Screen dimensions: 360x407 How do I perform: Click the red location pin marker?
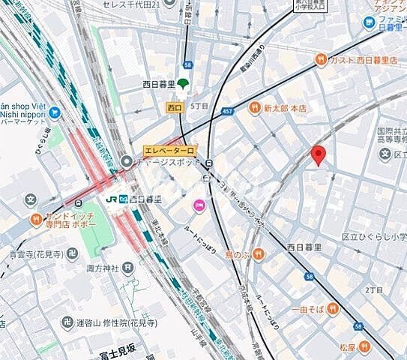pyautogui.click(x=319, y=155)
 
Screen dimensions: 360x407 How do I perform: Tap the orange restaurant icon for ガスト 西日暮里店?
pyautogui.click(x=321, y=60)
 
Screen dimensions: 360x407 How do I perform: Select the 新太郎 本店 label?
pyautogui.click(x=286, y=108)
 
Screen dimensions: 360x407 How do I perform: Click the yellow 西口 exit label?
pyautogui.click(x=175, y=108)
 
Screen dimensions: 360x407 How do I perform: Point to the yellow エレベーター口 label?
pyautogui.click(x=169, y=151)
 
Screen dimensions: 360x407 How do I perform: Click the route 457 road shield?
pyautogui.click(x=227, y=112)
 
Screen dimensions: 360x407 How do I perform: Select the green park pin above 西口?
pyautogui.click(x=183, y=84)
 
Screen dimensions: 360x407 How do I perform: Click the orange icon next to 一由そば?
pyautogui.click(x=333, y=308)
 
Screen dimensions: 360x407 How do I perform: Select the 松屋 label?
pyautogui.click(x=347, y=346)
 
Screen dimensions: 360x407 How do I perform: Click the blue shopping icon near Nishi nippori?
pyautogui.click(x=55, y=113)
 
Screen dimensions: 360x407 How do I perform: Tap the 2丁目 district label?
pyautogui.click(x=373, y=289)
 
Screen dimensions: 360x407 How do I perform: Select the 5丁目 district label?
pyautogui.click(x=199, y=105)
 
